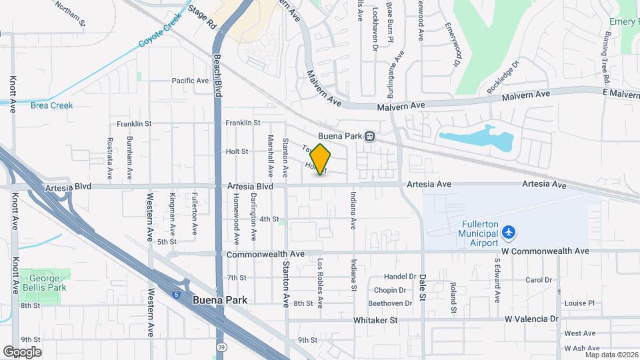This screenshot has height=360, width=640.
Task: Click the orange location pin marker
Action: click(x=321, y=159)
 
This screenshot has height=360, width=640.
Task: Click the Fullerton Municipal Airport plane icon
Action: click(x=509, y=232)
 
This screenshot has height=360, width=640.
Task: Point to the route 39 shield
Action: click(x=221, y=347)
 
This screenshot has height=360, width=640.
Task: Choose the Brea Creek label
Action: click(x=51, y=105)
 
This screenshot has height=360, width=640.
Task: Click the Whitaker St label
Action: click(x=375, y=320)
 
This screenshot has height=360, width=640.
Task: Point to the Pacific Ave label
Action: click(x=190, y=81)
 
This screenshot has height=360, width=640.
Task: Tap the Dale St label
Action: click(x=423, y=287)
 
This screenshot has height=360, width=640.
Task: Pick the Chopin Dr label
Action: click(x=390, y=290)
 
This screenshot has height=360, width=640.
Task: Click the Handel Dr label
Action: click(x=400, y=277)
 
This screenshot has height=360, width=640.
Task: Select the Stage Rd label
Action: click(x=203, y=17)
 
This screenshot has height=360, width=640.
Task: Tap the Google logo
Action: click(x=22, y=352)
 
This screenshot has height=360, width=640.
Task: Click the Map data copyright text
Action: click(x=611, y=355)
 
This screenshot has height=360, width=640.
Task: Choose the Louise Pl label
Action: click(x=579, y=303)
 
